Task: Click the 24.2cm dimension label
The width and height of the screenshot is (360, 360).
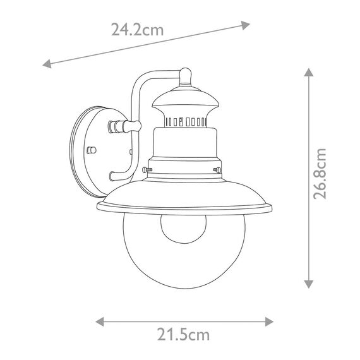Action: (x=137, y=30)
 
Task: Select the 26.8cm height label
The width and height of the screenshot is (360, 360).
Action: (x=320, y=174)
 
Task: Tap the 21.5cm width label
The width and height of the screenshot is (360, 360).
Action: (x=183, y=335)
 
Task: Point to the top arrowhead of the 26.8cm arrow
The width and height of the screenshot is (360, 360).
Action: (x=309, y=72)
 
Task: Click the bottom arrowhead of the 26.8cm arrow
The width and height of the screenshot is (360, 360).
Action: (x=309, y=284)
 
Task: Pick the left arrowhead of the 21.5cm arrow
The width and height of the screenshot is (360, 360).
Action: (x=100, y=321)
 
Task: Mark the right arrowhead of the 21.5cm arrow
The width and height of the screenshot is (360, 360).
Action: (x=269, y=321)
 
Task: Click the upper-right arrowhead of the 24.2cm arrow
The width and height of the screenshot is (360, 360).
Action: (x=245, y=25)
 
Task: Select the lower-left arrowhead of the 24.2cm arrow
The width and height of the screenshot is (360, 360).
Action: (x=47, y=64)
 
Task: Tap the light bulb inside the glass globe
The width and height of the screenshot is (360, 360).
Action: (x=183, y=229)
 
